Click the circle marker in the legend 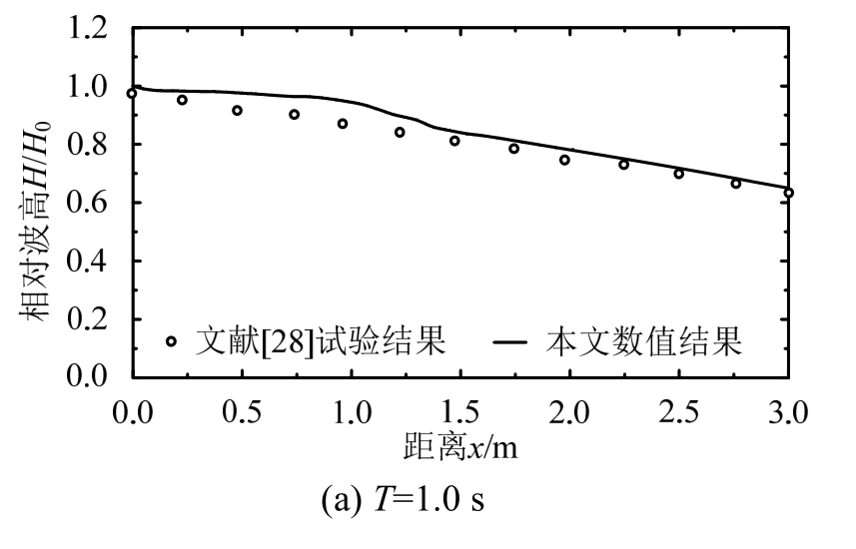pos(171,341)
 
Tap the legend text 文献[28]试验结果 pos(319,341)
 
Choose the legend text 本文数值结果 pos(644,341)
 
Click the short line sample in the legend pos(511,343)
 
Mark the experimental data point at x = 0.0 pos(131,94)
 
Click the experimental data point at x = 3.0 pos(788,193)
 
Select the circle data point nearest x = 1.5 pos(454,141)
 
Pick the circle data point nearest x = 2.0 pos(564,160)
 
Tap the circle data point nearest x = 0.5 pos(237,111)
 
